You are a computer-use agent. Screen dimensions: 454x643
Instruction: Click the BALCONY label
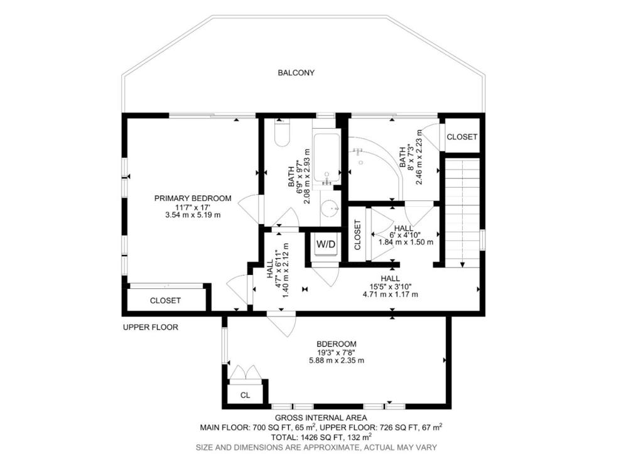point(296,73)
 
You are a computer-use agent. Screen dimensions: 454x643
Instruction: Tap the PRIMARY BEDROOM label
point(193,198)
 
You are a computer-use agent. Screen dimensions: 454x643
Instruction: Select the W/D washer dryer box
point(325,244)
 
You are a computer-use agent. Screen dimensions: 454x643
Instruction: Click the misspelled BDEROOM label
point(337,344)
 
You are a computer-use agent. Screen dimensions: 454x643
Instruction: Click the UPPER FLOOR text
point(151,327)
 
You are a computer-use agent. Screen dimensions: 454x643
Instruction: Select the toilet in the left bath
point(282,134)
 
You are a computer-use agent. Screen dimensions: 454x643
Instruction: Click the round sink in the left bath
point(329,208)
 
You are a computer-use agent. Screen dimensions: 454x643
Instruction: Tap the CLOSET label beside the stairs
point(462,137)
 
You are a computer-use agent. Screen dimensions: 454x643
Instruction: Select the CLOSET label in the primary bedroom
point(165,301)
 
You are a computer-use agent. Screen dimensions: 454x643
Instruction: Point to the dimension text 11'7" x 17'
point(193,207)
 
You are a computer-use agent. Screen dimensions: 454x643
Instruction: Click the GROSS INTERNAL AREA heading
point(321,418)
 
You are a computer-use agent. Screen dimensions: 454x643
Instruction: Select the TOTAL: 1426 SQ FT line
point(320,436)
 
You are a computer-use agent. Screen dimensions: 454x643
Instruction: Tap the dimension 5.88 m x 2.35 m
point(337,360)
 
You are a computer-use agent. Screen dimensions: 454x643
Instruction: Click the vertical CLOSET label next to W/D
point(358,235)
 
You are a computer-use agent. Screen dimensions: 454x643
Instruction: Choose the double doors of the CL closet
point(245,372)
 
